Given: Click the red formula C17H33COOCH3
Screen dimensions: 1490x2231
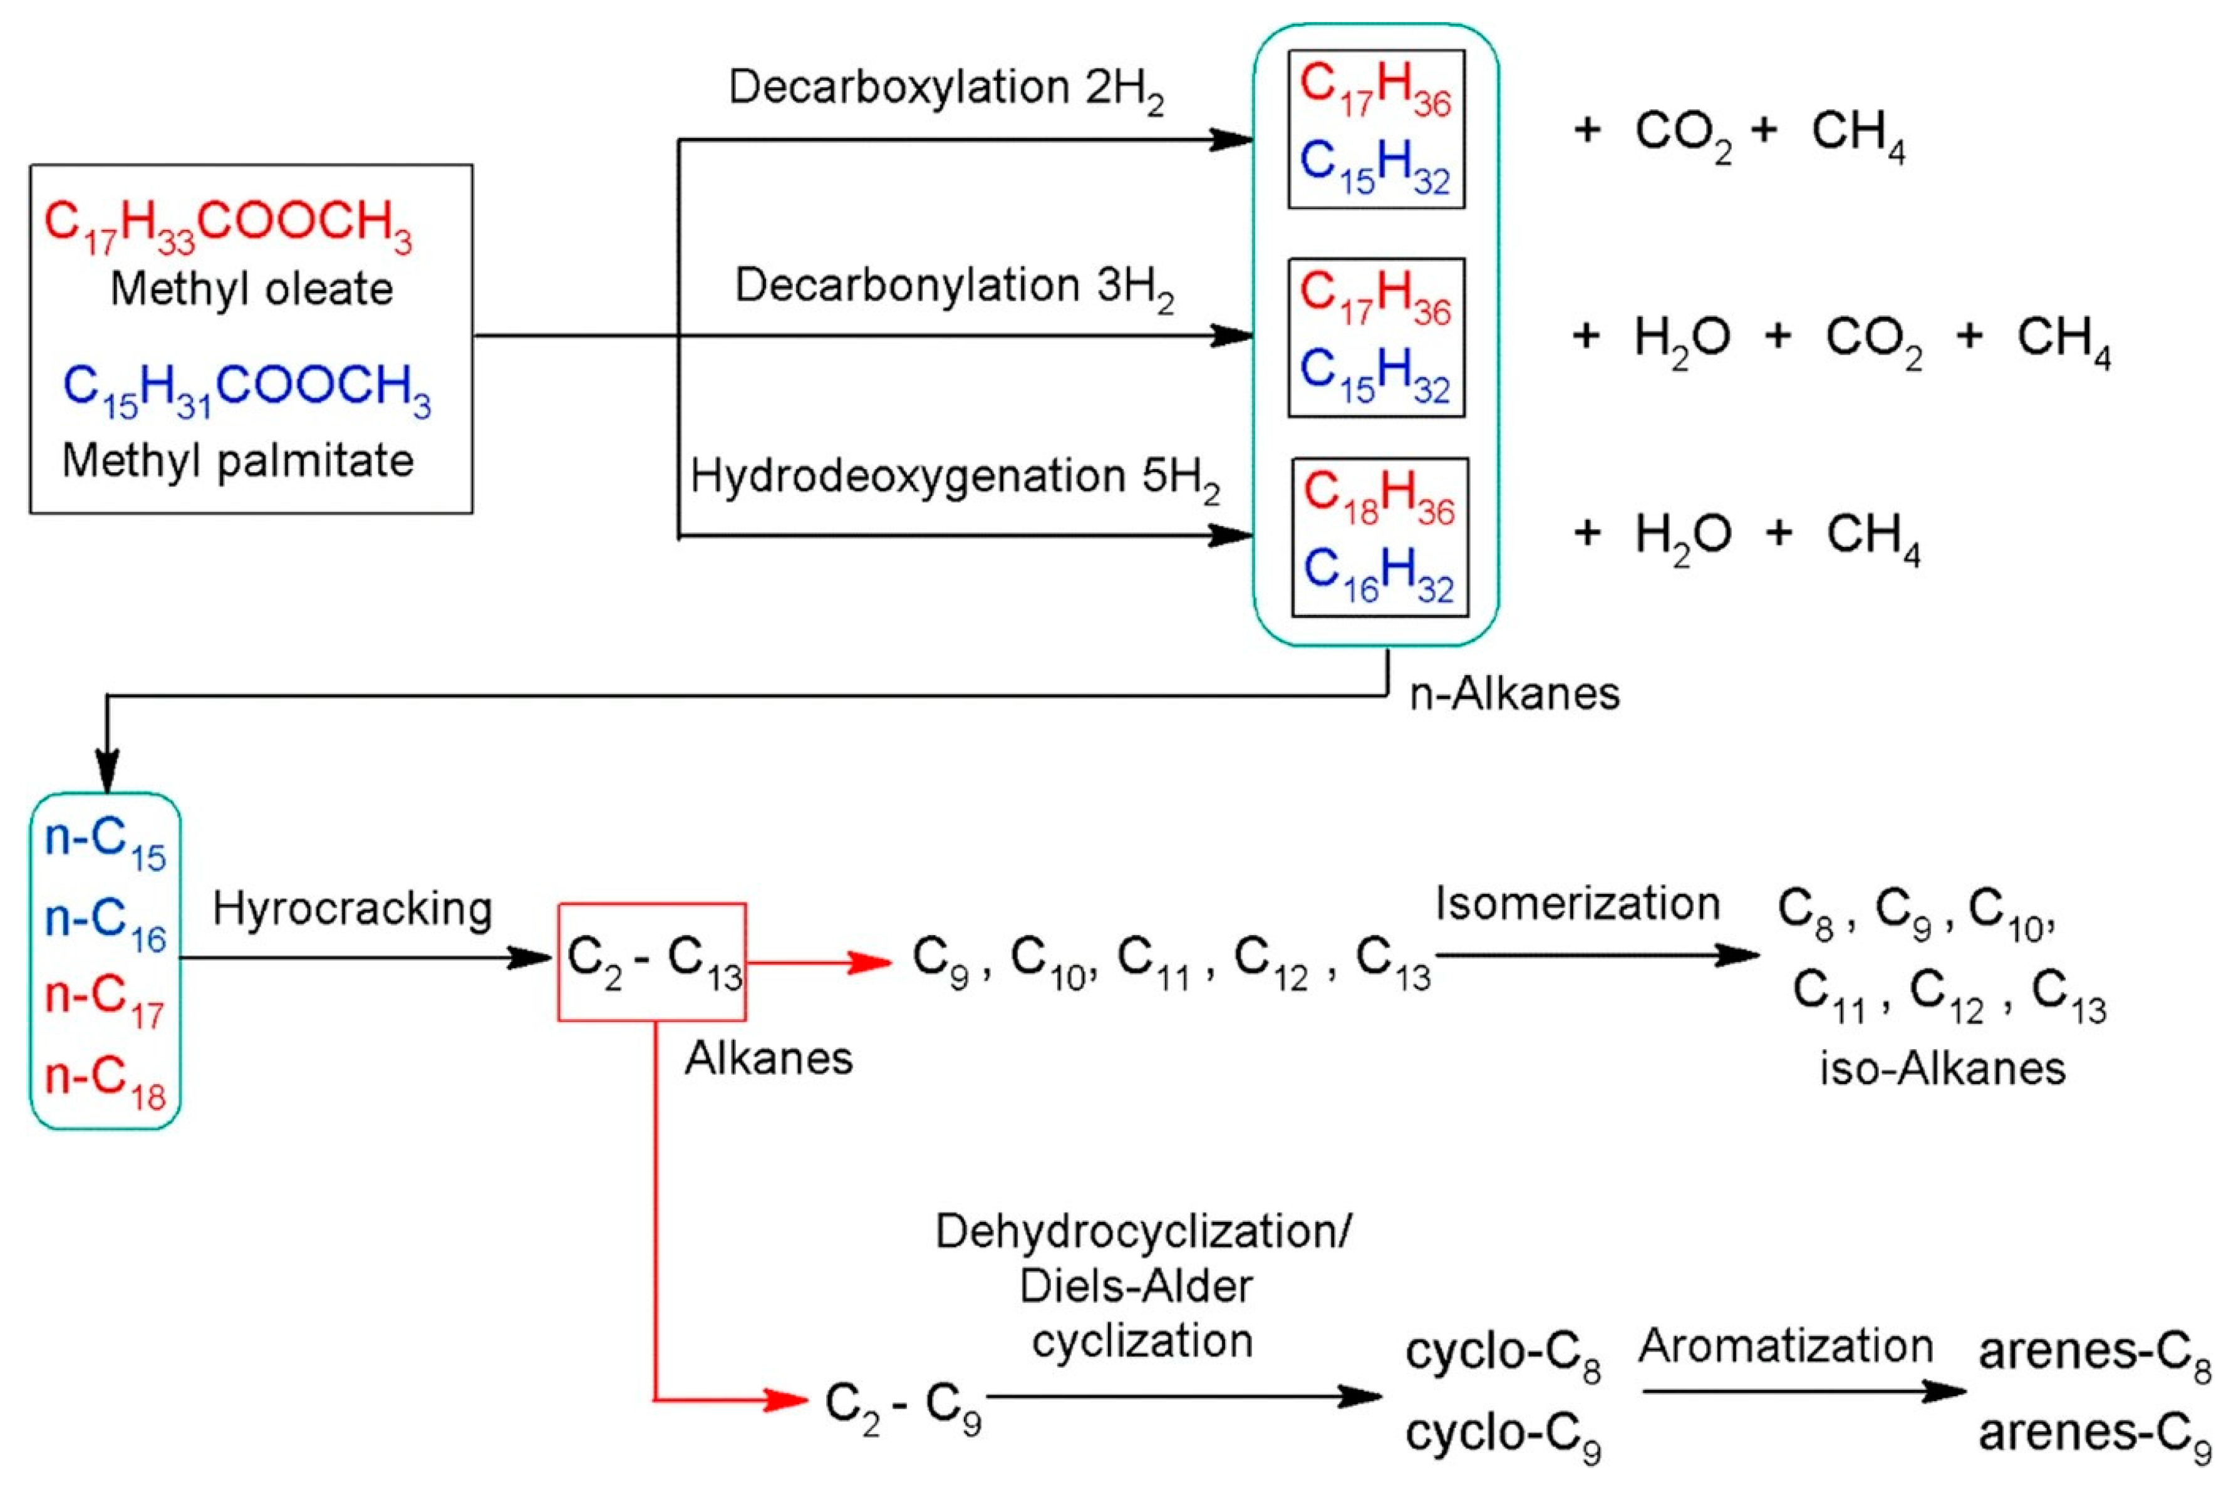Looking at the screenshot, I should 228,225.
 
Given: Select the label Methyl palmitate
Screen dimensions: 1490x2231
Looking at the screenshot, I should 237,462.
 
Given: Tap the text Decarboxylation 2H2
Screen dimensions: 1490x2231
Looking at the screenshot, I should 945,90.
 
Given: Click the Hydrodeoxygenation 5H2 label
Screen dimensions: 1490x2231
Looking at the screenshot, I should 954,478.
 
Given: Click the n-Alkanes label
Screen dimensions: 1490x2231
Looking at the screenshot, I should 1514,695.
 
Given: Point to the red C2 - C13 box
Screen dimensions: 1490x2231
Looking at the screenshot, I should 652,961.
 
